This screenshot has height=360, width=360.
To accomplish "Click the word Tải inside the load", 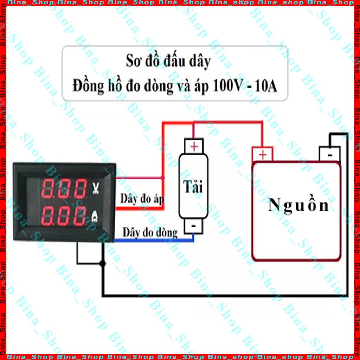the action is coord(193,187).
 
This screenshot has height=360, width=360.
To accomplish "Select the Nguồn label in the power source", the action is coord(298,205).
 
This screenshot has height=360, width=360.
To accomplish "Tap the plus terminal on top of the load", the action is coord(194,146).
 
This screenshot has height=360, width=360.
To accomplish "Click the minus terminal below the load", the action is coord(194,226).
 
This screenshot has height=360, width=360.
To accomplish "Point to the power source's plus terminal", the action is coord(262,154).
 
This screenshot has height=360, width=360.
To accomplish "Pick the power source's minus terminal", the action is coord(329,154).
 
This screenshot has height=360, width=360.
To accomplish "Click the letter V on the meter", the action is coord(96,188).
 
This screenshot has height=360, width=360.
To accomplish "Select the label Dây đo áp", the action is coord(142,199).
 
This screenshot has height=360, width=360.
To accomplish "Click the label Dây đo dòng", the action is coord(150,232).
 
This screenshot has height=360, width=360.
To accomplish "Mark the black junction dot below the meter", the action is coord(103,263).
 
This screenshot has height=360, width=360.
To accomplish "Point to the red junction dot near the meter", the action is coord(162,178).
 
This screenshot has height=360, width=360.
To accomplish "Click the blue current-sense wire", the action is coord(154,240).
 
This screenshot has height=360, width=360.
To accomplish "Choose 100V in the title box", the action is coord(228,86).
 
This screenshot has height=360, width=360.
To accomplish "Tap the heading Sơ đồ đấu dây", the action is coord(168,61).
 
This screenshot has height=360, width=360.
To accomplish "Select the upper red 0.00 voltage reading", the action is coord(64,188).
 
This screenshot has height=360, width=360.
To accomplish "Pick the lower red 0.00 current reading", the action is coord(64,216).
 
